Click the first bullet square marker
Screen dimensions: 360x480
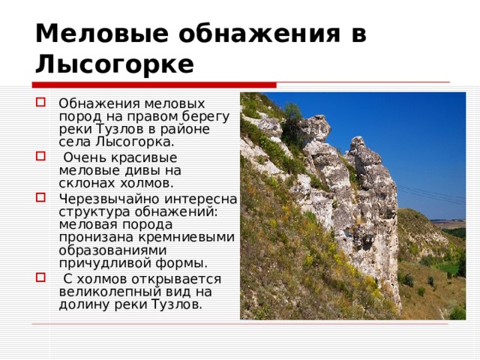tap(40, 103)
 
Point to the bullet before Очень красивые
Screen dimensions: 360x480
tap(40, 157)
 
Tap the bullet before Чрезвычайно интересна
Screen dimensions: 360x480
tap(40, 199)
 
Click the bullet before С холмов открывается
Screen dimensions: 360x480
tap(40, 279)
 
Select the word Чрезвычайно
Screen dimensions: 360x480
tap(98, 199)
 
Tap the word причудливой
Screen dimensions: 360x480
tap(97, 263)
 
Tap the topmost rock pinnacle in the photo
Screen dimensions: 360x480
tap(314, 124)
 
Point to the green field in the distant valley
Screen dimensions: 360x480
tap(450, 265)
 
